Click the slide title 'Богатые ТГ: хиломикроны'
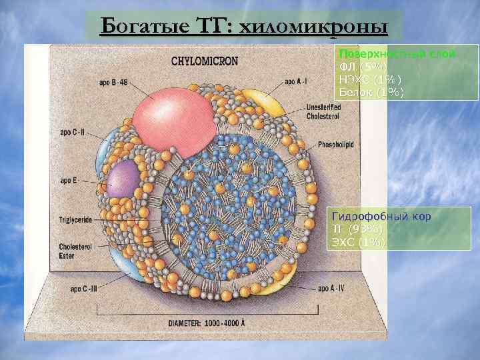[x=243, y=27]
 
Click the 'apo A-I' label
[x=297, y=82]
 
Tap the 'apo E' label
[x=69, y=180]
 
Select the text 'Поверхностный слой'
[x=397, y=53]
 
